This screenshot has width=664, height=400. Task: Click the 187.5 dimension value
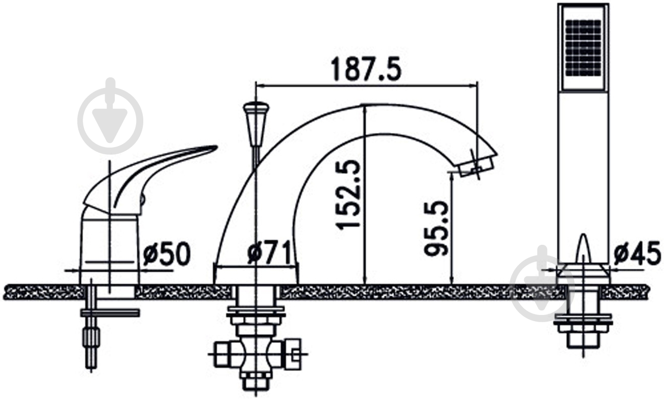pos(366,69)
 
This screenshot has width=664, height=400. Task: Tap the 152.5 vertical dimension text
pos(348,195)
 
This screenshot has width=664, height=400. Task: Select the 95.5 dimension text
pos(436,228)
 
